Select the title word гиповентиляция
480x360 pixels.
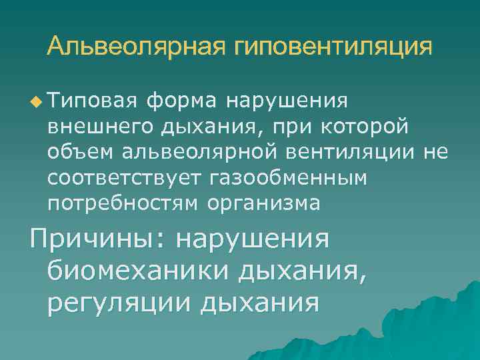coord(333,47)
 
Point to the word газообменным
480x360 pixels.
coord(288,178)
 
